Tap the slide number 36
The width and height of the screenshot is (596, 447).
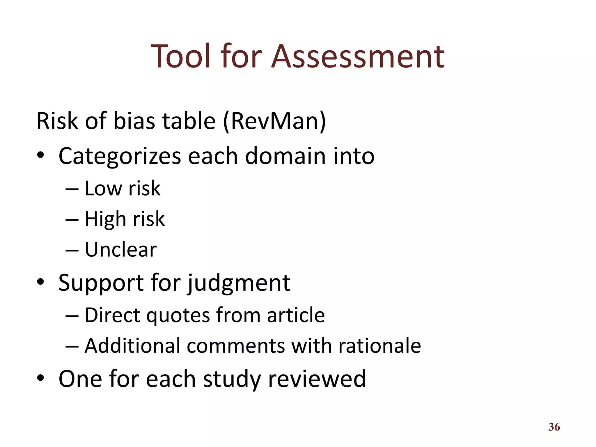click(x=554, y=427)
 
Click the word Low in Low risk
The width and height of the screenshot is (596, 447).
click(x=103, y=189)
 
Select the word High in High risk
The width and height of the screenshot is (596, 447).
click(x=105, y=219)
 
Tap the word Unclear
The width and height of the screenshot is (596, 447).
click(x=121, y=250)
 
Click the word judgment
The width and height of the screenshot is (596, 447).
click(x=239, y=283)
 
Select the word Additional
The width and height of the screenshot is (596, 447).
click(x=132, y=346)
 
